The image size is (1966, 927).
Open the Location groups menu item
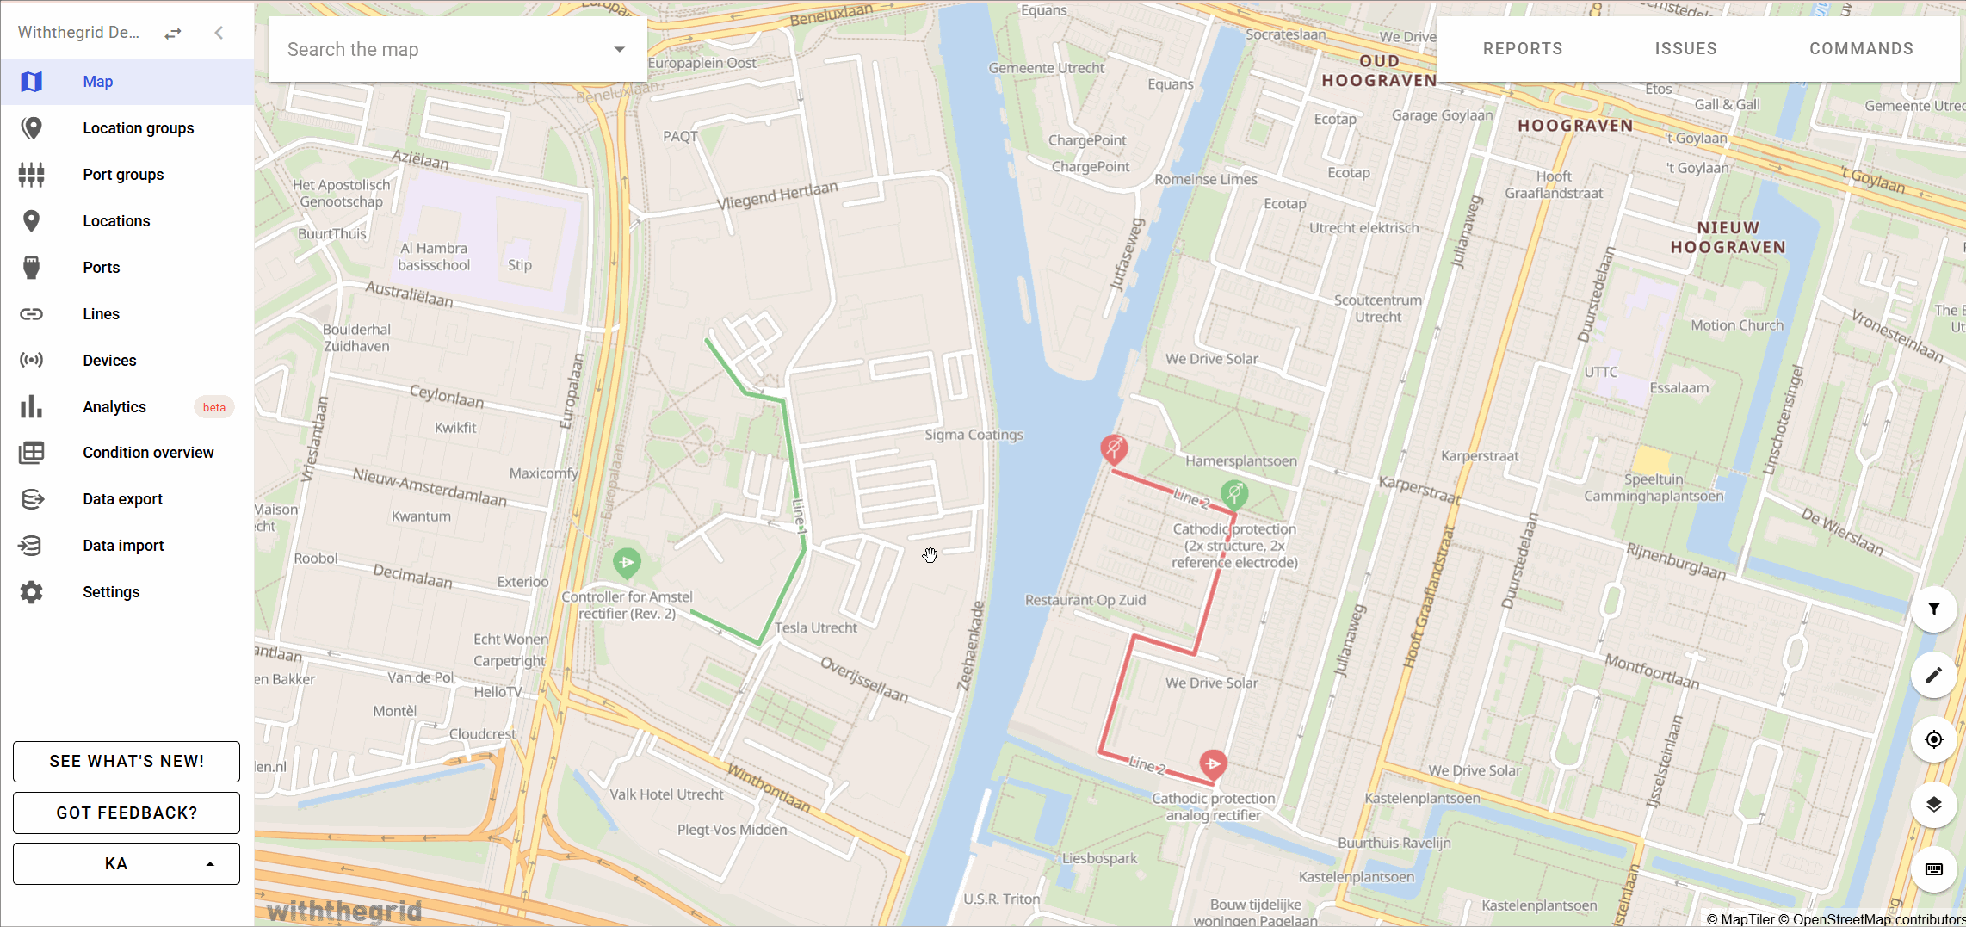[138, 128]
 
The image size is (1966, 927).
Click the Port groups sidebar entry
[122, 175]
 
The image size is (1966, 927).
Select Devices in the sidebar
[109, 361]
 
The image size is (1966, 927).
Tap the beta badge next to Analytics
[213, 407]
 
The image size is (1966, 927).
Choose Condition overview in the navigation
[148, 453]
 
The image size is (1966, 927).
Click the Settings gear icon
[32, 592]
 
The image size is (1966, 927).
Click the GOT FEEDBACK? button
[127, 813]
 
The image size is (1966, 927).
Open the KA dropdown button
[127, 863]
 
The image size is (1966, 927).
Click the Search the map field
[443, 49]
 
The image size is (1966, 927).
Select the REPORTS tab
[1522, 49]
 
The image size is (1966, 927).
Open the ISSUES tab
[1685, 49]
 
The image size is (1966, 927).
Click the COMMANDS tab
[1861, 49]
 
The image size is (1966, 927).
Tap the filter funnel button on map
[1933, 609]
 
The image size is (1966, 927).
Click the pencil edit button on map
[1933, 675]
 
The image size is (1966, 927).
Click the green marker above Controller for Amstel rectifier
[627, 562]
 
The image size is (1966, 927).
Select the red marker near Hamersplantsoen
[1114, 448]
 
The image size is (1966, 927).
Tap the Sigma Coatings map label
[974, 435]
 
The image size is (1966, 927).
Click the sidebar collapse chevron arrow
[219, 33]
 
